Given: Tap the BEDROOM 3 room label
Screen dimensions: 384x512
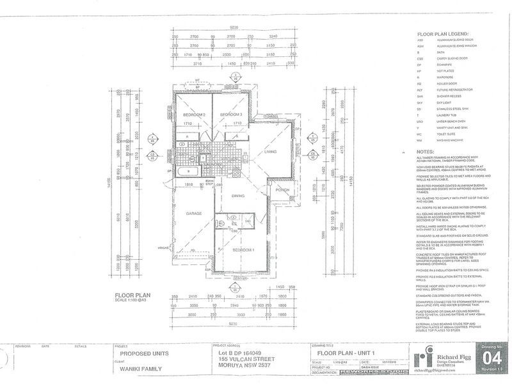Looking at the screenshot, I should pyautogui.click(x=228, y=115).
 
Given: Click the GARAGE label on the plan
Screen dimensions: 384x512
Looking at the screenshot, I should pyautogui.click(x=194, y=213).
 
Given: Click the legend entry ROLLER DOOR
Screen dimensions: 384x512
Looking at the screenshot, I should pyautogui.click(x=446, y=83).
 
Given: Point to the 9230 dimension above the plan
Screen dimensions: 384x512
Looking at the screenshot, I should pyautogui.click(x=234, y=28).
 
